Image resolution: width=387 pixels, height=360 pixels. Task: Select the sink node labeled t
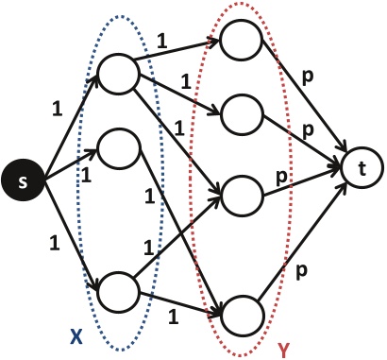coord(362,168)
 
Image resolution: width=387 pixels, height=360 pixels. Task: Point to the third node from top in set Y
coord(240,195)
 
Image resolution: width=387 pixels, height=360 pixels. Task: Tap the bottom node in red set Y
coord(240,311)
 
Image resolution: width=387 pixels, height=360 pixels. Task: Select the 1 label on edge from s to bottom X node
coord(54,243)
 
